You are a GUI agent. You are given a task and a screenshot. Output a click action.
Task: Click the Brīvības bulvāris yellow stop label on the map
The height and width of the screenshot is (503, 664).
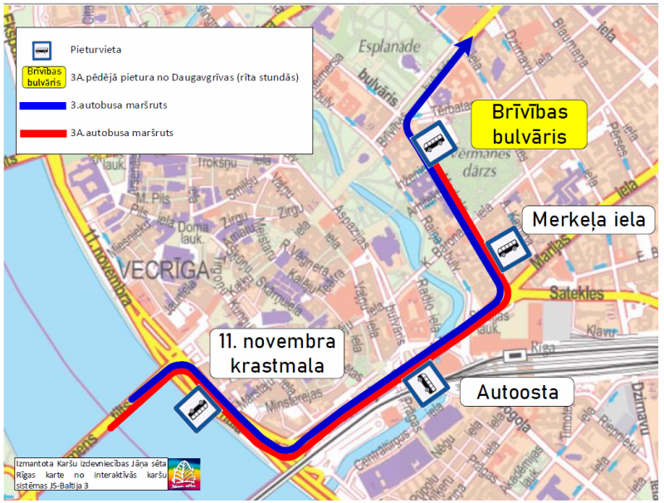pos(529,124)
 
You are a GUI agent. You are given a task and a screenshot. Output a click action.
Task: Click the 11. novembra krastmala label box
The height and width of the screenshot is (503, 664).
pos(277,353)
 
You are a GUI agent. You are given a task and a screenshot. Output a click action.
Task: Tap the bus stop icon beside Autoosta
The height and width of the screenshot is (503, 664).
pos(426,384)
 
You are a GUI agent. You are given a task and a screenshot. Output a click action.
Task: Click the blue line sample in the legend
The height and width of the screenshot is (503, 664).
pos(42,105)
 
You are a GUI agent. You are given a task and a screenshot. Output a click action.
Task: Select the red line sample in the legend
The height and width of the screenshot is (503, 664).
pos(42,133)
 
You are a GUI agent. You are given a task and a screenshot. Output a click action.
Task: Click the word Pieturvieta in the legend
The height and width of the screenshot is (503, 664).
pos(95,50)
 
